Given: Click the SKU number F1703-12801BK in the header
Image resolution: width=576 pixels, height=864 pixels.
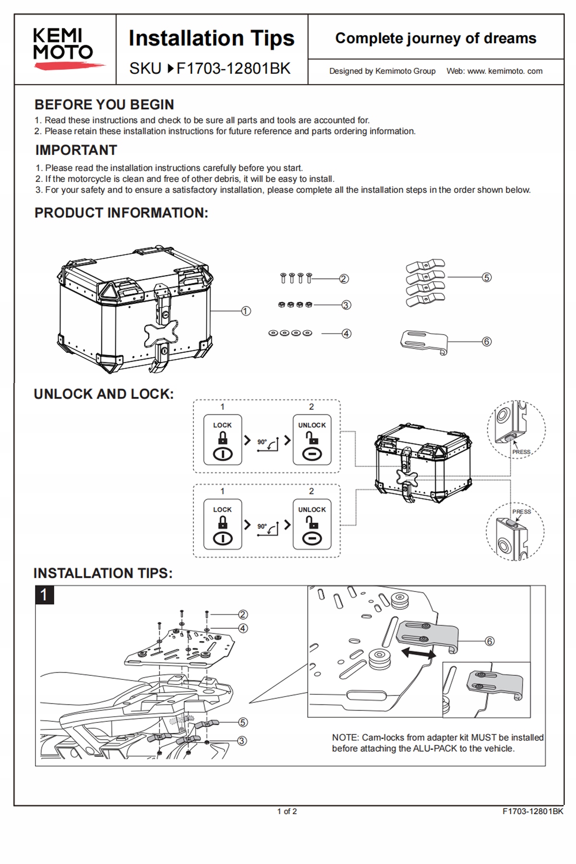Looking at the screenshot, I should pyautogui.click(x=233, y=69).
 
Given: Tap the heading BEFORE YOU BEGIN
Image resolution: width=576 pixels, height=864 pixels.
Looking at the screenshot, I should pyautogui.click(x=104, y=105).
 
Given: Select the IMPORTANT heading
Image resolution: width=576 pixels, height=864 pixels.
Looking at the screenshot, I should pyautogui.click(x=76, y=150).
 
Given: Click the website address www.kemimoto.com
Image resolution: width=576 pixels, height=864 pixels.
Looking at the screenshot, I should pyautogui.click(x=504, y=71).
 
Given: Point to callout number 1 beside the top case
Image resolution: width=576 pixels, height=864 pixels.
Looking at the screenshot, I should pyautogui.click(x=246, y=311).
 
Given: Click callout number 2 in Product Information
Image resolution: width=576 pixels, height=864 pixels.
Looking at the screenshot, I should pyautogui.click(x=344, y=279).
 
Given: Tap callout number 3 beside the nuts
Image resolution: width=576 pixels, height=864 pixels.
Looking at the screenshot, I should pyautogui.click(x=346, y=305).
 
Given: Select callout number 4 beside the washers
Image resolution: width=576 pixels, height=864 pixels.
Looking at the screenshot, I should pyautogui.click(x=346, y=333).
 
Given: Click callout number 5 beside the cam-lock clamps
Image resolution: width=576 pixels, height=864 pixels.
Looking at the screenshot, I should pyautogui.click(x=487, y=277).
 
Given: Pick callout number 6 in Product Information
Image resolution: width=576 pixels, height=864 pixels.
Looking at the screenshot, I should pyautogui.click(x=487, y=341).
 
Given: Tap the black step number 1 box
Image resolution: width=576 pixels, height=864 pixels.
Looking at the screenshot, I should pyautogui.click(x=44, y=595).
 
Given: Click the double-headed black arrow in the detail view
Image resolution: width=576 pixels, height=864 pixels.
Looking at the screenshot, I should pyautogui.click(x=419, y=653).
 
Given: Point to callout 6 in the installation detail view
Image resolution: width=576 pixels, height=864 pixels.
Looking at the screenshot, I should pyautogui.click(x=490, y=641).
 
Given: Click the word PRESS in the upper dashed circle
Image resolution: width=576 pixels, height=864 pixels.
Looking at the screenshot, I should pyautogui.click(x=521, y=452).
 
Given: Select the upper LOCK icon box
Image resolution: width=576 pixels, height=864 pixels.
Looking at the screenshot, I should pyautogui.click(x=222, y=440).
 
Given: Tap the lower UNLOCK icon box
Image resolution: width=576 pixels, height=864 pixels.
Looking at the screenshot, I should pyautogui.click(x=312, y=524).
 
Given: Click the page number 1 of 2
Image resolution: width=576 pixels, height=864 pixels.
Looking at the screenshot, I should pyautogui.click(x=287, y=812).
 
